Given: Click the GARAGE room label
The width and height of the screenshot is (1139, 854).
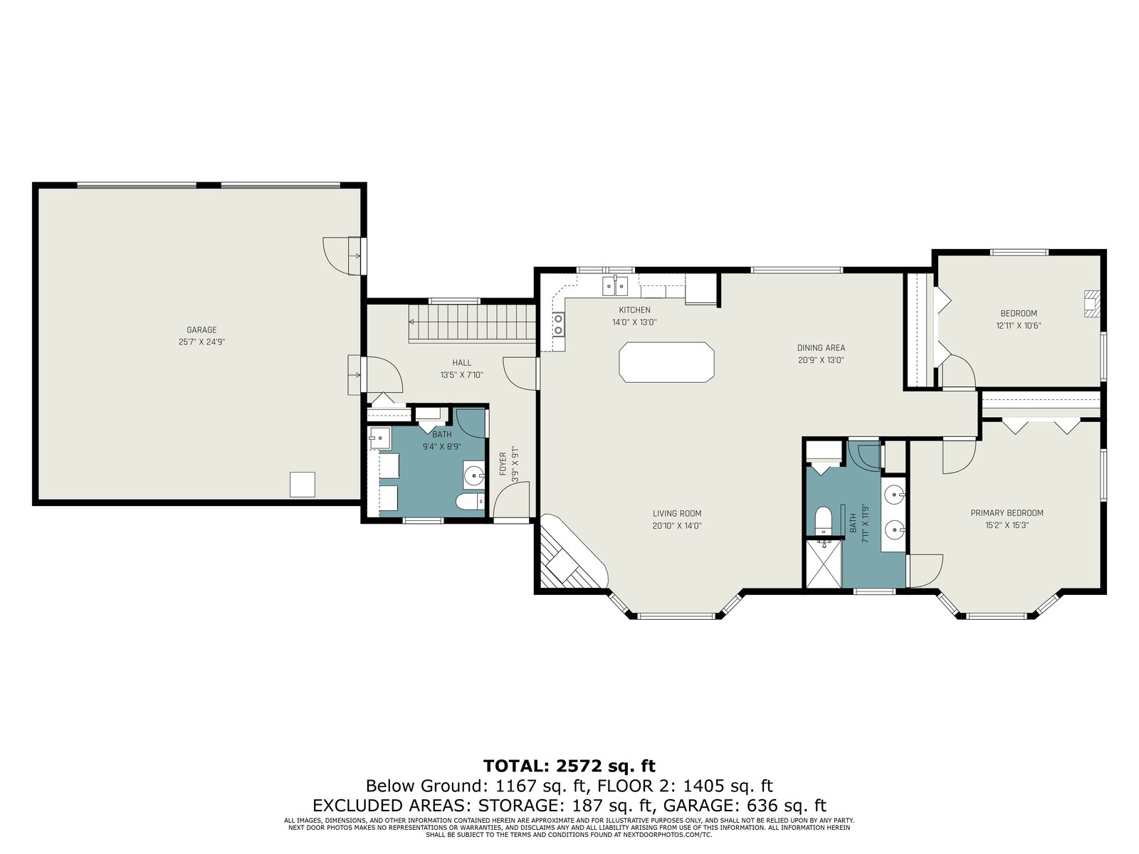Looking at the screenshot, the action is [201, 330].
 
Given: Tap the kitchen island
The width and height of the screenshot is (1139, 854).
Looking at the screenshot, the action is [666, 362].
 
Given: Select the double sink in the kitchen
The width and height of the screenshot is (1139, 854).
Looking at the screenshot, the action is [615, 285].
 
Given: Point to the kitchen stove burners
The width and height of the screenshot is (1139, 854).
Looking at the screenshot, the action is [558, 325].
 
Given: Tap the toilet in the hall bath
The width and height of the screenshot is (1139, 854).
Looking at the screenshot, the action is [470, 502].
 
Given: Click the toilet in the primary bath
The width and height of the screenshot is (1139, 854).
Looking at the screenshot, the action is [824, 520].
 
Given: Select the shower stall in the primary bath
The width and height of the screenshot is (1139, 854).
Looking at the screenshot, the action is [824, 564].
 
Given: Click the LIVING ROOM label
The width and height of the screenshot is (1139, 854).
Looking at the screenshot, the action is [677, 513].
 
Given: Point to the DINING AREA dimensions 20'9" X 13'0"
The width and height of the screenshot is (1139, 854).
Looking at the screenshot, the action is [821, 360].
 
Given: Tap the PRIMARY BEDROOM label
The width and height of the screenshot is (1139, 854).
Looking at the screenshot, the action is [1007, 513].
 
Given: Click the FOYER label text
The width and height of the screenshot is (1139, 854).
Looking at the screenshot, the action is [503, 464].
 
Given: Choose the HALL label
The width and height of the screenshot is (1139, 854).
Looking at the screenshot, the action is [462, 363].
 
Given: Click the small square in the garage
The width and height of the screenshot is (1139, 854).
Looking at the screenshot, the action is [302, 485].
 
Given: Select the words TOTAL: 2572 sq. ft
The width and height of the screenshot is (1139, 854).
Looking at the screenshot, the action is [569, 766].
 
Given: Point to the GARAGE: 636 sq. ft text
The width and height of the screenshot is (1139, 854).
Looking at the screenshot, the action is [745, 806].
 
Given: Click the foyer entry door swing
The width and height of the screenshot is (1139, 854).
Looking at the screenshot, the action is [510, 500].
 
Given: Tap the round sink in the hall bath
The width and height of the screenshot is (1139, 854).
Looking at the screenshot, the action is [473, 474].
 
